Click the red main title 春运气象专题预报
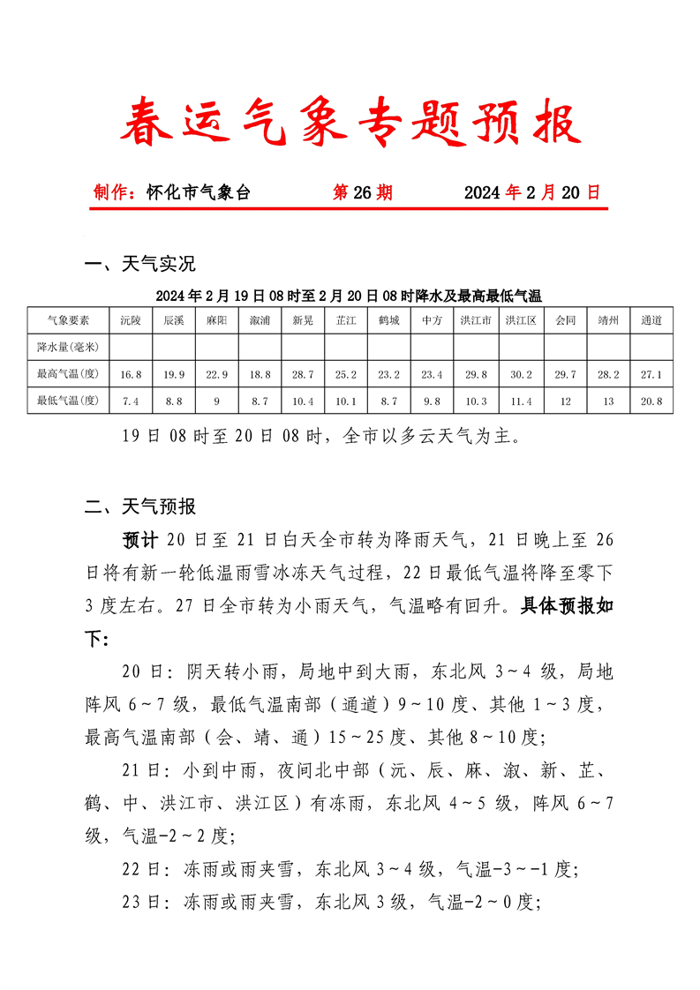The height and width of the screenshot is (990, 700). coord(350,123)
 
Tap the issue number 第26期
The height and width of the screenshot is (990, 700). coord(362,192)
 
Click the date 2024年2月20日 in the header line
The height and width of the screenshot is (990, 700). coord(531,192)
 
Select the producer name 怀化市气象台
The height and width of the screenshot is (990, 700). coord(198,192)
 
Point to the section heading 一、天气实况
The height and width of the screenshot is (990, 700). coord(139,264)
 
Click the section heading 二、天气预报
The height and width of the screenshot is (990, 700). coord(139,506)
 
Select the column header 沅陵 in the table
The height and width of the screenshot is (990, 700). coord(131,320)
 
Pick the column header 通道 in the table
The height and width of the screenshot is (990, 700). coord(651,320)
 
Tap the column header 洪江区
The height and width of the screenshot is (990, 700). coord(521,320)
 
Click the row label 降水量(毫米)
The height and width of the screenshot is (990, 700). coord(67,347)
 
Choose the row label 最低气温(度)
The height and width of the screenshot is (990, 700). coord(67,401)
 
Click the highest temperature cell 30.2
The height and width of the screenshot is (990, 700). coord(521,374)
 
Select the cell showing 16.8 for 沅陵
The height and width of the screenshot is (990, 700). coord(131,374)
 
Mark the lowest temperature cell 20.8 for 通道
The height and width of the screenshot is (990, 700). coord(651,401)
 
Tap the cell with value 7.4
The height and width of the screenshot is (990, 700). coord(131,401)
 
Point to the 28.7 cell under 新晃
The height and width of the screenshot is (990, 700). coord(303,374)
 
